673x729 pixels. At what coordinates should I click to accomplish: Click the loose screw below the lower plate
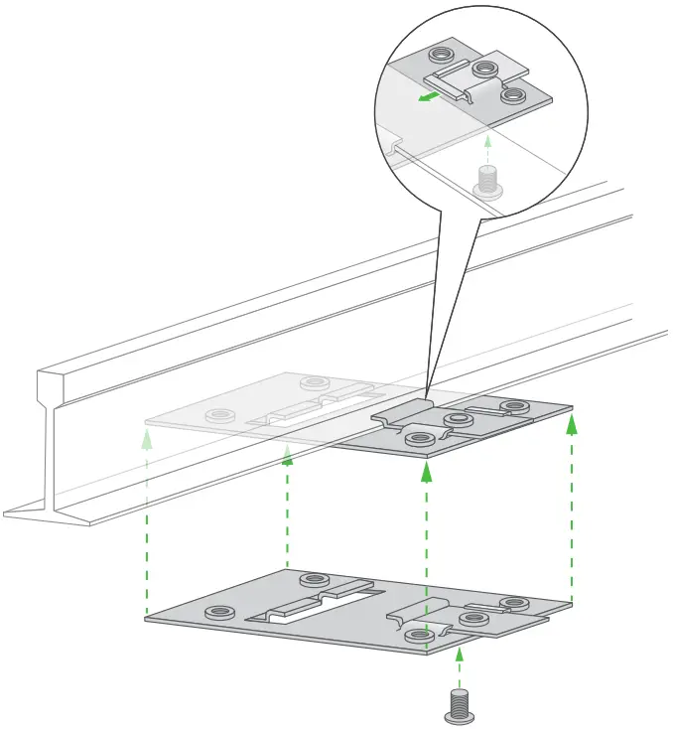(x=458, y=703)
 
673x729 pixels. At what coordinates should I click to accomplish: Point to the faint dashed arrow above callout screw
(x=486, y=149)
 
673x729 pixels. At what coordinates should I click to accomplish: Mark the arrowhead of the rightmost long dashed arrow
(x=572, y=424)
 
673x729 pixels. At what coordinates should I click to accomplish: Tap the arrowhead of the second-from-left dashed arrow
(x=288, y=454)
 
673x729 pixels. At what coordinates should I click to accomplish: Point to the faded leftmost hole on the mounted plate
(x=215, y=413)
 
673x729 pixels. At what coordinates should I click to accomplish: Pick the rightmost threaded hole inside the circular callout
(x=513, y=95)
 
